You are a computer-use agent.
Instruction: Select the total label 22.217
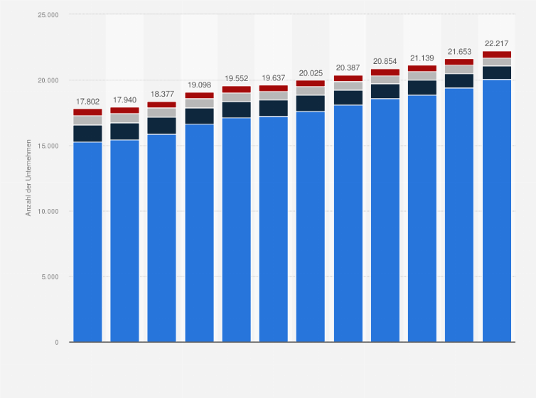click(x=496, y=43)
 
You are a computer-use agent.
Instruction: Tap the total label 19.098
click(x=199, y=85)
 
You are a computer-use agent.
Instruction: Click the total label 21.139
click(x=422, y=58)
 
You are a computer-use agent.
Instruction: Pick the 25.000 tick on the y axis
click(x=48, y=15)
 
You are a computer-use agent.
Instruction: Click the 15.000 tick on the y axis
click(x=48, y=146)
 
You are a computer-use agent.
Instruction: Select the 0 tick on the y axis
click(x=56, y=342)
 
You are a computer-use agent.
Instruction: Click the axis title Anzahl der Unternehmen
click(x=29, y=178)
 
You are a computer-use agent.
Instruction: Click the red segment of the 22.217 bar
click(x=496, y=55)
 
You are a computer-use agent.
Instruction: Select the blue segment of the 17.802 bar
click(x=87, y=242)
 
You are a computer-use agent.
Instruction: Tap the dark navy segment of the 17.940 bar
click(x=124, y=131)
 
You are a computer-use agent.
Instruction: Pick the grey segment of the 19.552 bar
click(x=236, y=97)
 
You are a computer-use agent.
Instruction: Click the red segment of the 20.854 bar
click(x=385, y=72)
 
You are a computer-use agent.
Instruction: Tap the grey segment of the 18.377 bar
click(x=161, y=112)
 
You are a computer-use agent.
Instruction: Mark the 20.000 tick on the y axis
click(x=48, y=80)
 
